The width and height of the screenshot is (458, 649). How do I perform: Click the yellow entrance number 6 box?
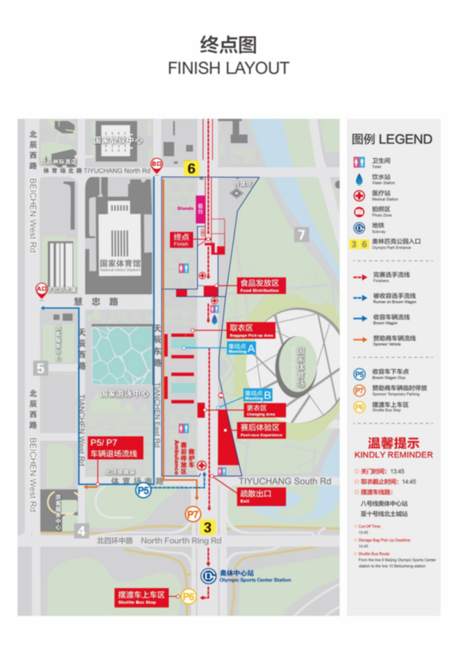click(192, 168)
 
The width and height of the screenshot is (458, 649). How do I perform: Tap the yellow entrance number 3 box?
click(207, 526)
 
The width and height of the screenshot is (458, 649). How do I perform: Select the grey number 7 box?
click(300, 234)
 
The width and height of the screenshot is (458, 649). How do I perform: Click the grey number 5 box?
click(40, 368)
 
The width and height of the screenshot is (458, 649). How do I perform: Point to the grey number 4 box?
click(82, 532)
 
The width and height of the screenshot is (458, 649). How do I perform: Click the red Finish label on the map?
click(182, 240)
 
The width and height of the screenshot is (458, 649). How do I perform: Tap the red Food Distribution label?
click(259, 286)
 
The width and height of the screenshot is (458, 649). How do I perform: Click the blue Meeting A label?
click(242, 348)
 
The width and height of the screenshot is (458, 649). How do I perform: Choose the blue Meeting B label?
click(257, 395)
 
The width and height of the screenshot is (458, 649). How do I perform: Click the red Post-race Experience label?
click(259, 429)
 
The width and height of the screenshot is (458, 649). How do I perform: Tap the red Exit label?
click(250, 495)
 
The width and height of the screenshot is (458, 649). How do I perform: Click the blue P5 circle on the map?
click(143, 490)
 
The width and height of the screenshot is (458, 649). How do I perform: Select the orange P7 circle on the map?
click(193, 514)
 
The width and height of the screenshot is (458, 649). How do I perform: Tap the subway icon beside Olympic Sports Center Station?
click(207, 576)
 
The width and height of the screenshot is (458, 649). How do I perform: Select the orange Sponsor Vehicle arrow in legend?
click(359, 339)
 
